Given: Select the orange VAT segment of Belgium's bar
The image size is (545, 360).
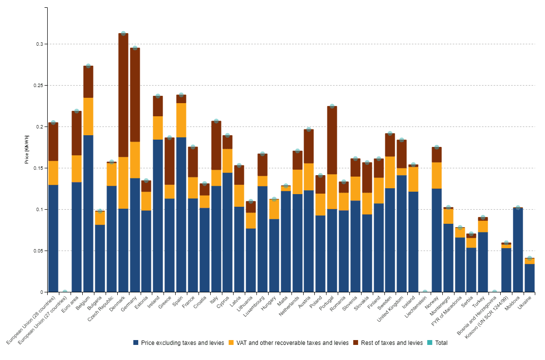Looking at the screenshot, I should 88,116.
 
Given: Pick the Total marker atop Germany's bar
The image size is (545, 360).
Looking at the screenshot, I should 135,48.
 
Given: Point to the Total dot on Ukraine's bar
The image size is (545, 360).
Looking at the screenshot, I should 529,258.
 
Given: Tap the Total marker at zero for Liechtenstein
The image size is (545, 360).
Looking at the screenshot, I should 425,292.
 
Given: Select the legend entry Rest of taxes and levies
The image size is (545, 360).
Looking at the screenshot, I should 388,343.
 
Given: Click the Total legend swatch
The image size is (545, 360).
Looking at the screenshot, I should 431,343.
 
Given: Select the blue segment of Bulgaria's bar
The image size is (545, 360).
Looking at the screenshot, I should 100,258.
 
